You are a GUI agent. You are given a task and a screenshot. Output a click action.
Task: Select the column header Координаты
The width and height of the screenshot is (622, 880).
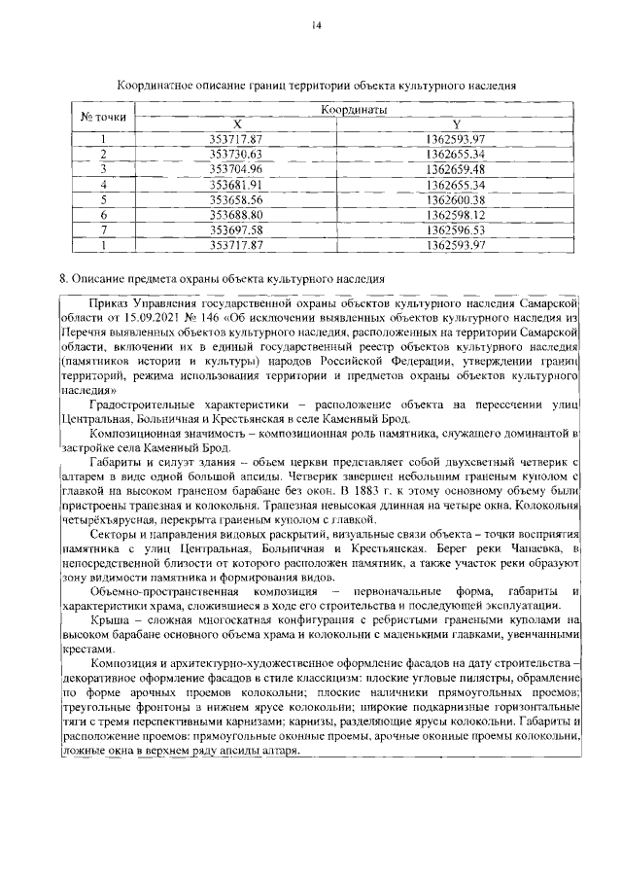pyautogui.click(x=354, y=110)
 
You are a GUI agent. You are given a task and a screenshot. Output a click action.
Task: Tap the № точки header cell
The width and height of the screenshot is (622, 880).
pyautogui.click(x=104, y=117)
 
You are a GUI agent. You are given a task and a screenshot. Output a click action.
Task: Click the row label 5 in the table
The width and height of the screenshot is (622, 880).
pyautogui.click(x=103, y=198)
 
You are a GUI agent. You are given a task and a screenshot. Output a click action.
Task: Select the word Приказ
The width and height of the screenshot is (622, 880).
pyautogui.click(x=106, y=302)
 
